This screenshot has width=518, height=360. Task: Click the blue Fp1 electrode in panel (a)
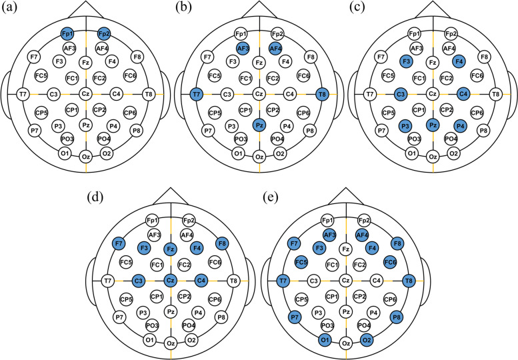tap(67, 33)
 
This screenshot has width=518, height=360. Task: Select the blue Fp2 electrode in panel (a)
tap(104, 33)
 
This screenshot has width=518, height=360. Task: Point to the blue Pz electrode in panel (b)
tap(259, 125)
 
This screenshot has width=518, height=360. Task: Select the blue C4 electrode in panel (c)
tap(463, 94)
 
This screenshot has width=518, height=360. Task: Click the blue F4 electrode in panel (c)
tap(458, 62)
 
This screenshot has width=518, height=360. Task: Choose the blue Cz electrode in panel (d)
tap(171, 281)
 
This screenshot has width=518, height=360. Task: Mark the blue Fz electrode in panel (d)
tap(171, 250)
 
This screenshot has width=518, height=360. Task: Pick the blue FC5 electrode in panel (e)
tap(301, 261)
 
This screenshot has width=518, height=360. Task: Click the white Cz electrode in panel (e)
tap(345, 281)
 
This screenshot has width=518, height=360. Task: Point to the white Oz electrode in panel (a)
tap(86, 157)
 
